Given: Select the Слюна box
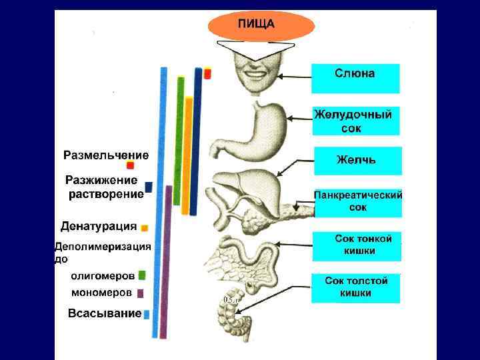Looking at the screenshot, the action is [x=355, y=78].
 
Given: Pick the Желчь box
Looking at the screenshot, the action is [x=357, y=161].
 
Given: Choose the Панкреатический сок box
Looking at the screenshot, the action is [x=358, y=202].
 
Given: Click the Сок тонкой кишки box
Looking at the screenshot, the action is [x=356, y=245].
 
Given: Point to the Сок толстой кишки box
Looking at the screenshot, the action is [x=356, y=287].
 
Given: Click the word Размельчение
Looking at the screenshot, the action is [x=106, y=155].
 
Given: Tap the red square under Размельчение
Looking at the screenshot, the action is [x=131, y=165].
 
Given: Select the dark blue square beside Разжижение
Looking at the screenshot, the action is [x=149, y=187].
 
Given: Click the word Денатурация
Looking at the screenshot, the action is [x=99, y=225].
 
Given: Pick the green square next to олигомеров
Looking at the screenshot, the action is [x=142, y=275].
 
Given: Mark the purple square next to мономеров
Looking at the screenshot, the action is [x=140, y=293].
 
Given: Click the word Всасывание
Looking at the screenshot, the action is [x=105, y=313].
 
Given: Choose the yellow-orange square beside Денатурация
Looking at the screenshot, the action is [x=145, y=227].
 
